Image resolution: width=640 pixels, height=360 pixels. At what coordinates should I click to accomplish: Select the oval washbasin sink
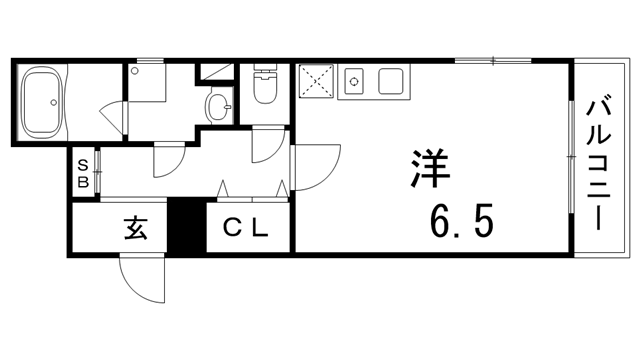(217, 105)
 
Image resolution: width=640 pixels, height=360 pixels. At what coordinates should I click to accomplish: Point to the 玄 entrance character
(136, 229)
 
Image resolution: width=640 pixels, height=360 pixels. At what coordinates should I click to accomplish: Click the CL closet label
(246, 229)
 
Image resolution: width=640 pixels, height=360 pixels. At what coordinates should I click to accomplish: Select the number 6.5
(461, 221)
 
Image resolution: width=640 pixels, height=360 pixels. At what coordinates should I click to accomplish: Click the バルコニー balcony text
(601, 161)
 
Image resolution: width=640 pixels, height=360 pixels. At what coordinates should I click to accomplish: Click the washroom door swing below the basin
(168, 154)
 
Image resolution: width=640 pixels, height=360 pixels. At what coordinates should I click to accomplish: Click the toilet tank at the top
(265, 72)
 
